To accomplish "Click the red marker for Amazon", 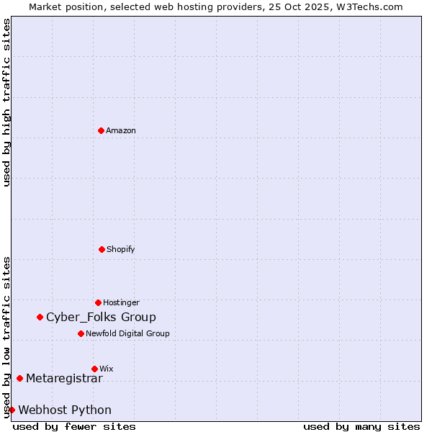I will click(x=101, y=130).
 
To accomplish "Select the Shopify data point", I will click(x=102, y=249).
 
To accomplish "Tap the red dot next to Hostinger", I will click(x=98, y=302).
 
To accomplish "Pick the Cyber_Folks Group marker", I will click(x=40, y=317).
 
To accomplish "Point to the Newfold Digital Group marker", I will click(x=81, y=333).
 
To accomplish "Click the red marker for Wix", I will click(x=94, y=369).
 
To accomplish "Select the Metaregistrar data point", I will click(x=19, y=378).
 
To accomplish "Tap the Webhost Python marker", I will click(x=12, y=410).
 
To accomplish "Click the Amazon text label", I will click(x=121, y=130).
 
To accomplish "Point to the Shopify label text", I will click(x=121, y=249).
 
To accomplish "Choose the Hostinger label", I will click(x=121, y=302).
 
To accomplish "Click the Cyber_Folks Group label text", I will click(x=101, y=317).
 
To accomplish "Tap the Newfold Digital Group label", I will click(x=127, y=333).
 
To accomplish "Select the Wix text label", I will click(x=107, y=369).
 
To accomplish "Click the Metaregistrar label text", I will click(x=64, y=378).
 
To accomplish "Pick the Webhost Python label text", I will click(x=65, y=410).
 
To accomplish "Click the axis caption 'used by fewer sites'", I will click(x=74, y=426).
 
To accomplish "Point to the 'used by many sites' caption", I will click(x=361, y=426).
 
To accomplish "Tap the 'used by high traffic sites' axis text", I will click(x=6, y=102).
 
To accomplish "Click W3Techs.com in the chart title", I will click(x=367, y=6).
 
